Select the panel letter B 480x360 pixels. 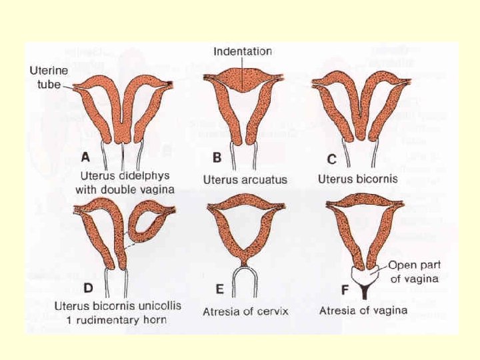pyautogui.click(x=217, y=158)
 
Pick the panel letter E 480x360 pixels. pyautogui.click(x=217, y=290)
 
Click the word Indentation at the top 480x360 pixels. pyautogui.click(x=243, y=51)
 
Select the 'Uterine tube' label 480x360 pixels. pyautogui.click(x=47, y=75)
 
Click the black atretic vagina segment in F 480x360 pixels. pyautogui.click(x=365, y=291)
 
